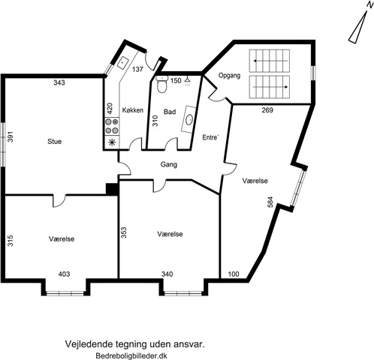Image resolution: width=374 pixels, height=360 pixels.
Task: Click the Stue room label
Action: pos(55,142)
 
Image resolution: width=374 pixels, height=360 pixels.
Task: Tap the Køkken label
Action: pos(133,110)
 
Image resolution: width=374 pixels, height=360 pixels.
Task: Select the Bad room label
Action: pos(170,112)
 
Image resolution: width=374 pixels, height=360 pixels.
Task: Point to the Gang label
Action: pos(169,165)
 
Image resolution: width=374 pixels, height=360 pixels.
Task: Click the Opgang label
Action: pos(229,76)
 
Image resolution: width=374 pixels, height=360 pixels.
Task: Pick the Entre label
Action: pos(210,137)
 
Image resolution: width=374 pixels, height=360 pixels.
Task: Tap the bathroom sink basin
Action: pos(189,119)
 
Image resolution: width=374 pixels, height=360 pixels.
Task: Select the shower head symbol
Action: pos(187,82)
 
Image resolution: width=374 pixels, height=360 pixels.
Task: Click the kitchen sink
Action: pos(123,62)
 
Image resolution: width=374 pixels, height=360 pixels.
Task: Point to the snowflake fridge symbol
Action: pos(112,142)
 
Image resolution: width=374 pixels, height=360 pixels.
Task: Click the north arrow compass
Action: pos(360,25)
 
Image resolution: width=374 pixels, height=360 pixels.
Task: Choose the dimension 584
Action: pos(270,202)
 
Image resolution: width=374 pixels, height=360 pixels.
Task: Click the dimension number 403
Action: pos(64,274)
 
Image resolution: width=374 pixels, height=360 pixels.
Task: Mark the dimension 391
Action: pos(10,136)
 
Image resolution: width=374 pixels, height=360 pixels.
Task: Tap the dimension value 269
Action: pos(267,110)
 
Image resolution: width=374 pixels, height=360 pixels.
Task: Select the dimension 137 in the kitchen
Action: pos(137,69)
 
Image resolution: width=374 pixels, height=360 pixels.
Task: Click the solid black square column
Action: pos(112,189)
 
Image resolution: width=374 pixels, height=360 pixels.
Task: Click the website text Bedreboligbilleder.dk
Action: pos(131,355)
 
